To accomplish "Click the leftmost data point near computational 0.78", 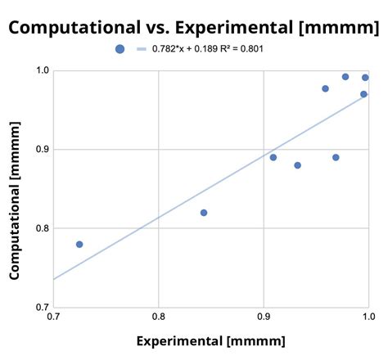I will (x=79, y=244).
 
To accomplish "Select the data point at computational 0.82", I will (x=204, y=213).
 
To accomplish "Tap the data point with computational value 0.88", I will (x=297, y=165).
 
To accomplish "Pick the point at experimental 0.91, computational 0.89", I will (x=273, y=157).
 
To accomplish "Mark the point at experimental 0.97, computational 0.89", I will (x=336, y=157).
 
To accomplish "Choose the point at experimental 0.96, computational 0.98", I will (x=325, y=88).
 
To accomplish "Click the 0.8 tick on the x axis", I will (x=159, y=316).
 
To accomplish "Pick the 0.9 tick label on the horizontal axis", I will (x=264, y=316).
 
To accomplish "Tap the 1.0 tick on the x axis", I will (x=368, y=316).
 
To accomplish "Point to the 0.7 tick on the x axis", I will (x=54, y=316).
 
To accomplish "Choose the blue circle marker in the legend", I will (x=120, y=49).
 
